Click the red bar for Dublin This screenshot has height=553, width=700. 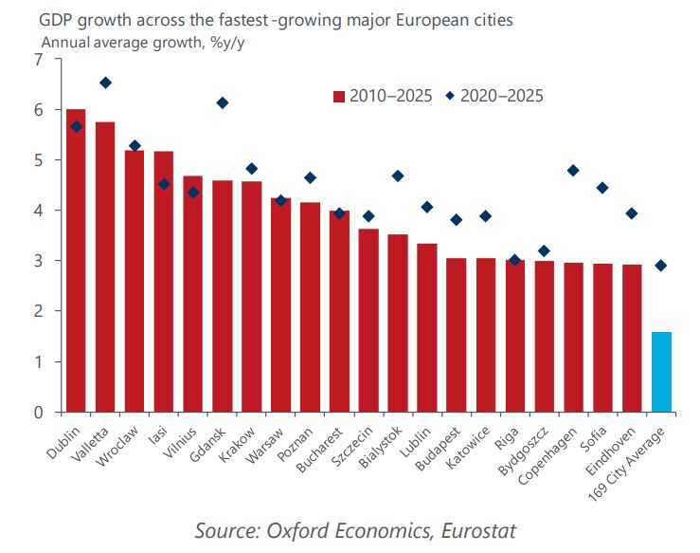[x=76, y=261]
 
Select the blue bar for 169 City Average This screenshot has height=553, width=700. [x=660, y=372]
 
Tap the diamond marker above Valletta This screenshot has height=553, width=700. [x=105, y=83]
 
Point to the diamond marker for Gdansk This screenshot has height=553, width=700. [x=222, y=102]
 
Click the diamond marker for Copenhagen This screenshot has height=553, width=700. [x=573, y=171]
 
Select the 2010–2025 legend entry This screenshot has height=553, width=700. [x=383, y=96]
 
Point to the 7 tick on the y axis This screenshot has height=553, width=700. [x=38, y=61]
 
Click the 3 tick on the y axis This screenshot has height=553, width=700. [x=38, y=261]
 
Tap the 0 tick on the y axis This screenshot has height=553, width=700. [x=38, y=413]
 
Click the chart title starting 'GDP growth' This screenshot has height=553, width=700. [x=276, y=20]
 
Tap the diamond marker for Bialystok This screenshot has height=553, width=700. [x=398, y=175]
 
